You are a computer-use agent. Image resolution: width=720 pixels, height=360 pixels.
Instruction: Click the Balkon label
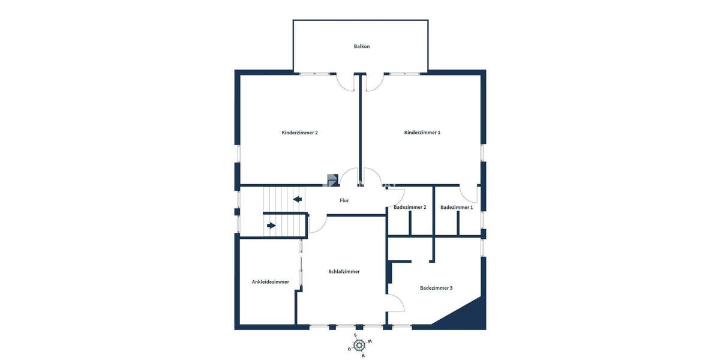[x=361, y=46]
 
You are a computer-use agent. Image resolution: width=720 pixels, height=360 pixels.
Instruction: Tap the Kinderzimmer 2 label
[x=299, y=133]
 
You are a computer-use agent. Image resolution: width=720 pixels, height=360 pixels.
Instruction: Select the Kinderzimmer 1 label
[x=422, y=133]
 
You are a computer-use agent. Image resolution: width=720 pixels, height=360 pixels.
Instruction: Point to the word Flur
[x=344, y=200]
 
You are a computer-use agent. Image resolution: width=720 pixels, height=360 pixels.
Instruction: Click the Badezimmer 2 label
[x=410, y=208]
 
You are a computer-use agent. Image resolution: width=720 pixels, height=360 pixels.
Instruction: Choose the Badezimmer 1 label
[x=457, y=208]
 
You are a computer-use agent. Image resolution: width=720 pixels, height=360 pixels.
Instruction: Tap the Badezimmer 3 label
[x=436, y=288]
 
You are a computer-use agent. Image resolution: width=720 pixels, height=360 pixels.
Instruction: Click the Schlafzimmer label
[x=344, y=272]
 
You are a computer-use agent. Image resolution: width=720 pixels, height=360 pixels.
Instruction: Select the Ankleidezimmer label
[x=270, y=282]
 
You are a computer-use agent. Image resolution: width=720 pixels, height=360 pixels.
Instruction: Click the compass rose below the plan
[x=359, y=345]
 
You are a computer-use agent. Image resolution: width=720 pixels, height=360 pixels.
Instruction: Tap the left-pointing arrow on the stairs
[x=296, y=199]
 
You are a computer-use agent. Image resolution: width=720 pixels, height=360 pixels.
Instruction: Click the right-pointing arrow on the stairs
[x=271, y=226]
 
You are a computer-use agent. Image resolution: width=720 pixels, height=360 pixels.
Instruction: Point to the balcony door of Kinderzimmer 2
[x=345, y=82]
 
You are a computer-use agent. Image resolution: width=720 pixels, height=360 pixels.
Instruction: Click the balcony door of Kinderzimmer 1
[x=374, y=82]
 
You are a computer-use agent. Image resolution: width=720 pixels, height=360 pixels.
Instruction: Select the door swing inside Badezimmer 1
[x=469, y=194]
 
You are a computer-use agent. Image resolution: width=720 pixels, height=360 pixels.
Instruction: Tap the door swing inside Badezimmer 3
[x=395, y=303]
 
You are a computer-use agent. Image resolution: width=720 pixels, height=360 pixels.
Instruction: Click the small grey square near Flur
[x=332, y=179]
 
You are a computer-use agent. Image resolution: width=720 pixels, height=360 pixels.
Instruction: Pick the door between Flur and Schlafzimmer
[x=317, y=223]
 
